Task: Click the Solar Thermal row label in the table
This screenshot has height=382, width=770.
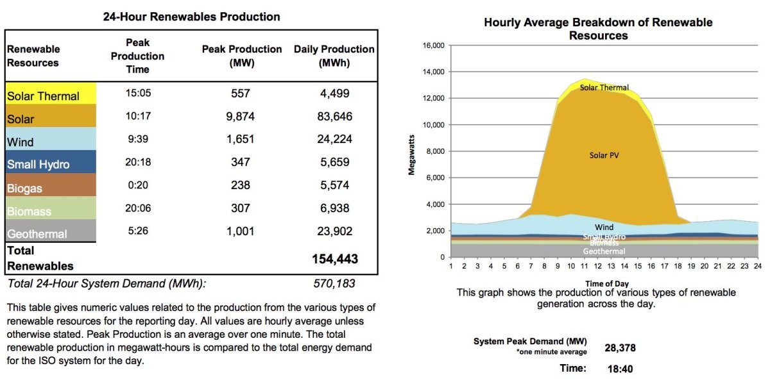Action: point(43,96)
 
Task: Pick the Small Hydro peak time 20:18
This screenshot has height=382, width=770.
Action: point(138,163)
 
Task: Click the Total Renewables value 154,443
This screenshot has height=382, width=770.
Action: point(334,259)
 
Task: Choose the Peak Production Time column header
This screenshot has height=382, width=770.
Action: point(137,56)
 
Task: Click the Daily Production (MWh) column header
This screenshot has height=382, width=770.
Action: point(334,56)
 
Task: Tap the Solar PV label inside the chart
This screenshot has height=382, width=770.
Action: point(603,155)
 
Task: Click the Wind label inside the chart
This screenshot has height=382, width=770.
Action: point(603,228)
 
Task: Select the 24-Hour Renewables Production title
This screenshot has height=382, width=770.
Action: point(191,17)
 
